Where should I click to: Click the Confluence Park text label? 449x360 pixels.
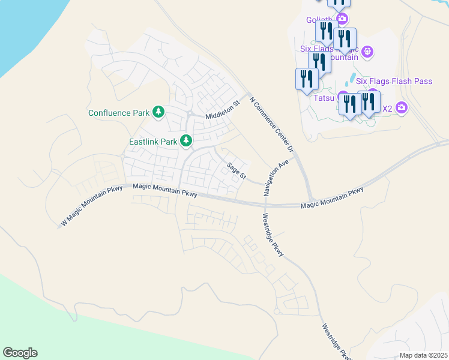click(x=118, y=112)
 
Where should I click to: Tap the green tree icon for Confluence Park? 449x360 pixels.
click(x=158, y=112)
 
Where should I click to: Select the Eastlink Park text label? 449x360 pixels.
click(x=153, y=142)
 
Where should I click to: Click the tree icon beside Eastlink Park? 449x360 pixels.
click(x=187, y=141)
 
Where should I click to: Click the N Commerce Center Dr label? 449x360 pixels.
click(x=273, y=125)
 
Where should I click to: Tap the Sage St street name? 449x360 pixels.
click(x=237, y=170)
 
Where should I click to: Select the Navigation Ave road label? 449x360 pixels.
click(x=276, y=178)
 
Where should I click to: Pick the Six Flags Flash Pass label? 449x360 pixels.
click(x=394, y=81)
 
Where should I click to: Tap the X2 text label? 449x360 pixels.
click(x=387, y=109)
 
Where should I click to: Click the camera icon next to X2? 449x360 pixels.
click(x=402, y=108)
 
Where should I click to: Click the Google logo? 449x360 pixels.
click(x=20, y=353)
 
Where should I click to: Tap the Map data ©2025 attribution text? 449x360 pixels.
click(x=423, y=355)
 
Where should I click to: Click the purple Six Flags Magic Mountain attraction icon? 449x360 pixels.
click(x=368, y=53)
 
